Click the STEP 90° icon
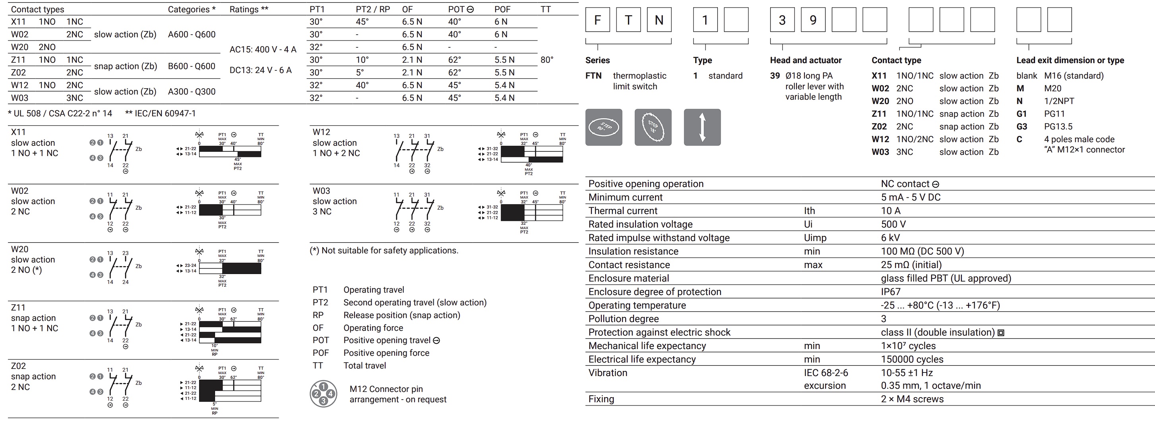point(603,127)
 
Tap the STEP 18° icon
point(653,127)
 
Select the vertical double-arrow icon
point(702,127)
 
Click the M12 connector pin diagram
point(323,394)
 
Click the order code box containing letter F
point(598,20)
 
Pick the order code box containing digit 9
point(813,20)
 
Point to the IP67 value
point(890,291)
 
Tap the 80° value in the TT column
point(546,60)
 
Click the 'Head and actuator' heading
point(806,60)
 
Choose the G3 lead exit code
point(1021,126)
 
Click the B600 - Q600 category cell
point(192,66)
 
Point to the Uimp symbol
point(815,238)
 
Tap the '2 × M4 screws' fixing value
point(912,399)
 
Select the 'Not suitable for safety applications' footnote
point(384,250)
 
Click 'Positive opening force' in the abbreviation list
point(386,353)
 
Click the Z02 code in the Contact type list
point(879,126)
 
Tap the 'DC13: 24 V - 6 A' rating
point(260,70)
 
